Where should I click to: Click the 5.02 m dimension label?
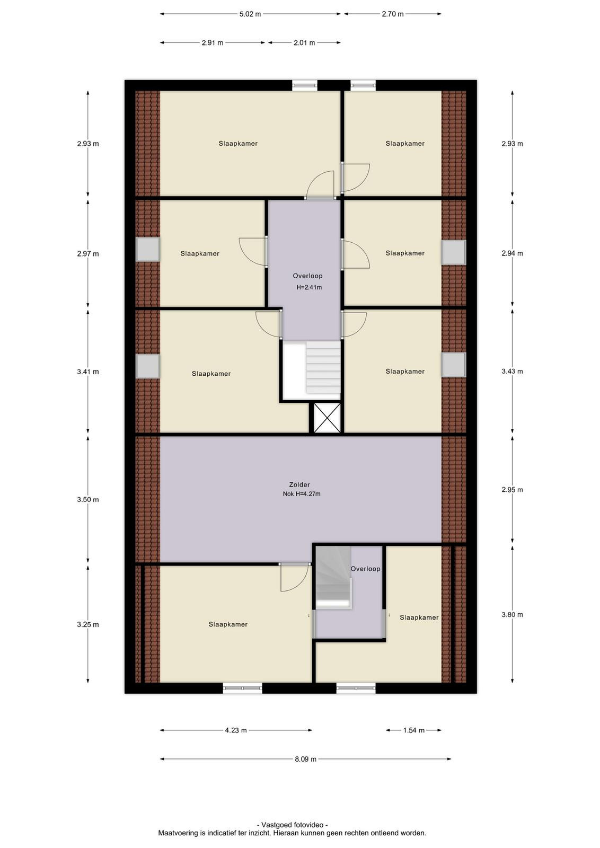point(250,14)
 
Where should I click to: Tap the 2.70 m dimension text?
point(393,14)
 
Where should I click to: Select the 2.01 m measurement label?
point(304,43)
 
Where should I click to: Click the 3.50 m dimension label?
point(88,500)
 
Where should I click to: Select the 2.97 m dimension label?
point(88,254)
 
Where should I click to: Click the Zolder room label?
point(299,484)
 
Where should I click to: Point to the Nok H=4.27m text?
point(301,493)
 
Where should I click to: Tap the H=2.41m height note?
point(309,287)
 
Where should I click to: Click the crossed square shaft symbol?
point(327,418)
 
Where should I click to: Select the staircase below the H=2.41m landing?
point(323,368)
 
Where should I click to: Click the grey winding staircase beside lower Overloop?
point(333,577)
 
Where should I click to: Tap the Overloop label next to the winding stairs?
point(365,569)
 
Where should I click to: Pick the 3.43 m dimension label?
point(512,372)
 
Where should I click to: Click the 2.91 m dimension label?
point(213,43)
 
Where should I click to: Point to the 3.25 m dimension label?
point(88,625)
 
